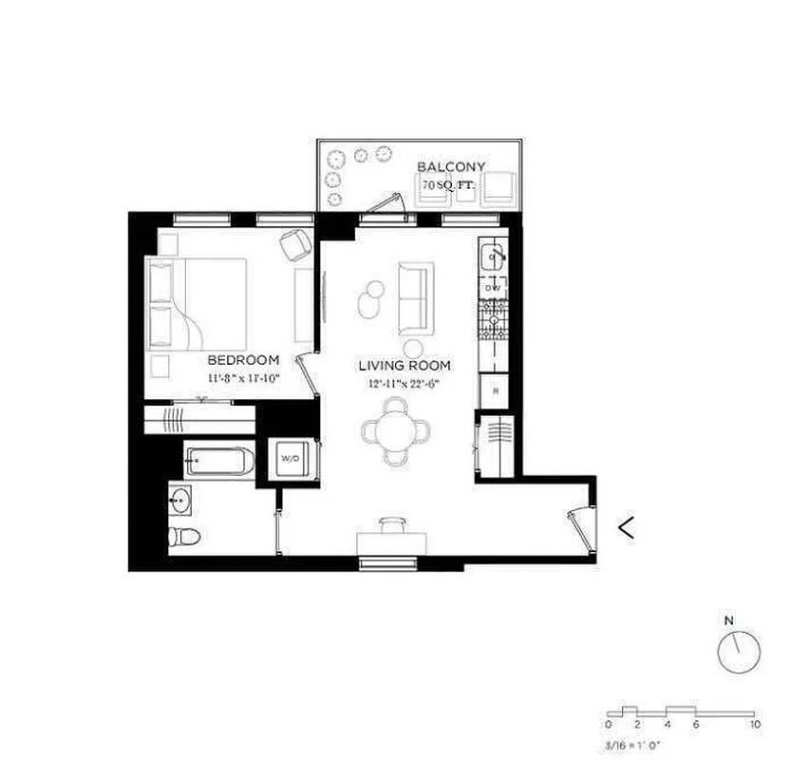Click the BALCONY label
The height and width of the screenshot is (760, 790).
pyautogui.click(x=451, y=167)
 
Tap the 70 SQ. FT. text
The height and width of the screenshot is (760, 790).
pyautogui.click(x=449, y=186)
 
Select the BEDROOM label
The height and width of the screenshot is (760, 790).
pyautogui.click(x=243, y=360)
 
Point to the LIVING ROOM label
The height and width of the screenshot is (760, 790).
pyautogui.click(x=404, y=366)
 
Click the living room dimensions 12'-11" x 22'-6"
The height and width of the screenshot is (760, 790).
pyautogui.click(x=404, y=385)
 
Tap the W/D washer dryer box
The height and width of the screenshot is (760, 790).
pyautogui.click(x=289, y=459)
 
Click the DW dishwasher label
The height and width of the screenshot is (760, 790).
pyautogui.click(x=493, y=287)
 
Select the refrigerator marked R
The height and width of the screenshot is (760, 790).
pyautogui.click(x=494, y=390)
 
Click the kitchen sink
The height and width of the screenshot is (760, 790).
pyautogui.click(x=493, y=256)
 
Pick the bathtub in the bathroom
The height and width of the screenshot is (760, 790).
pyautogui.click(x=220, y=463)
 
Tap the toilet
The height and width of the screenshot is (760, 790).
pyautogui.click(x=183, y=536)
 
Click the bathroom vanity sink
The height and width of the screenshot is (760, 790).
pyautogui.click(x=180, y=499)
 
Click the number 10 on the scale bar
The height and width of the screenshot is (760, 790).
pyautogui.click(x=755, y=725)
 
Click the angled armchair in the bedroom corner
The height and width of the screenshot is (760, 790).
pyautogui.click(x=296, y=246)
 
